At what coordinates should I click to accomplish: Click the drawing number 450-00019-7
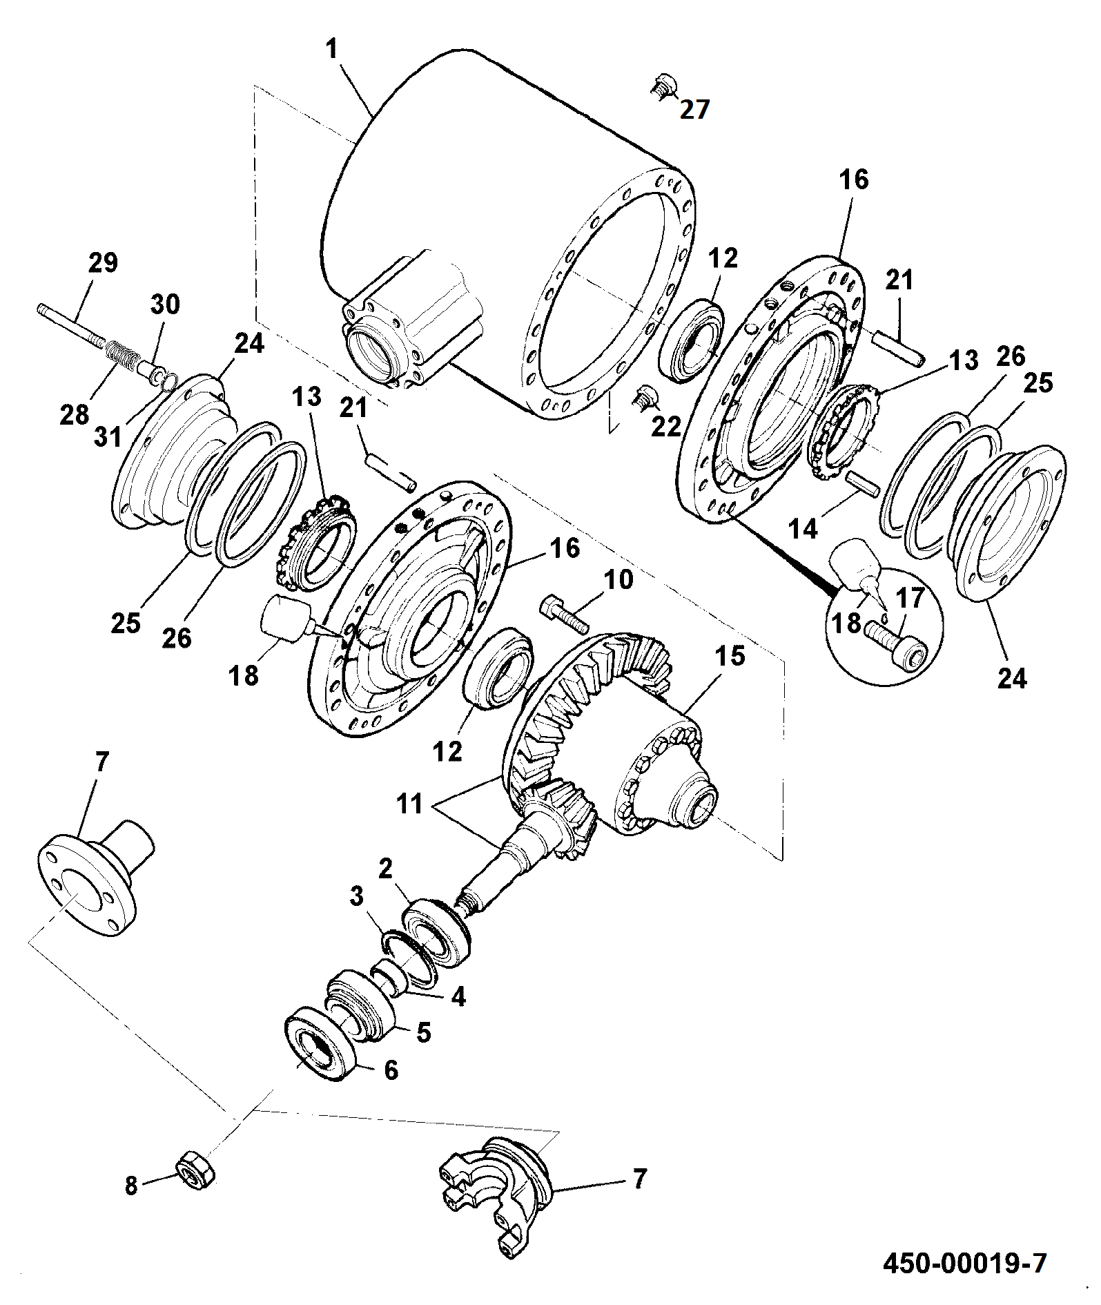click(965, 1263)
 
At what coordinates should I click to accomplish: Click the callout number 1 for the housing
click(333, 49)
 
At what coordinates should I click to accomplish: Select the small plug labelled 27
click(663, 87)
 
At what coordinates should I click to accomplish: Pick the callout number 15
click(730, 656)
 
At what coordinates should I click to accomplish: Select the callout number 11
click(409, 804)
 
